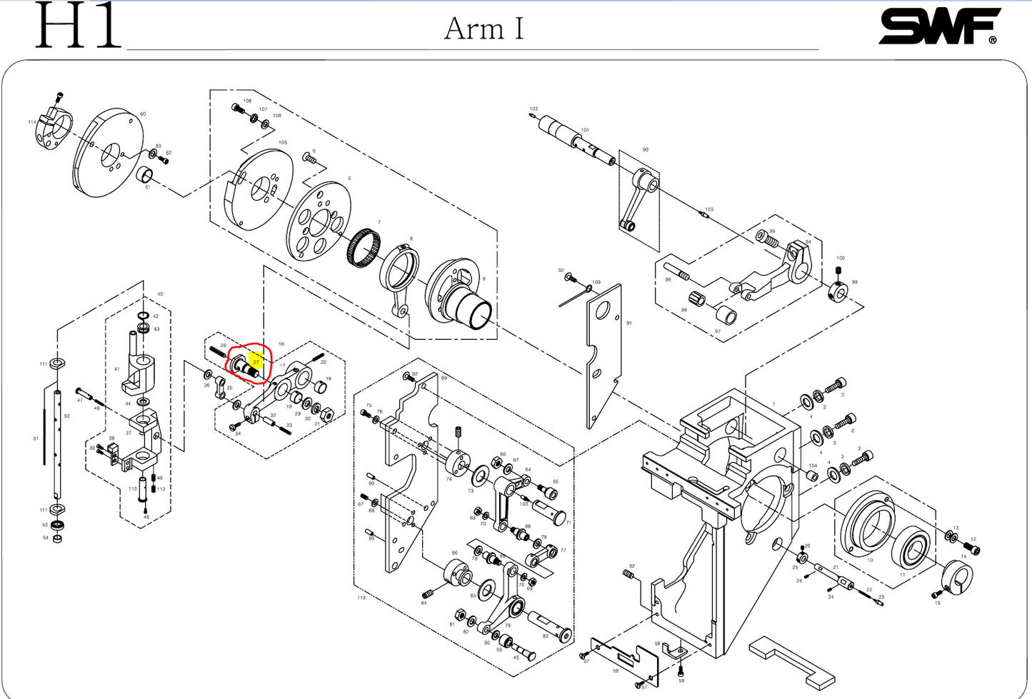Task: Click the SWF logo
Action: (x=938, y=27)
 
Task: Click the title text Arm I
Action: (x=484, y=29)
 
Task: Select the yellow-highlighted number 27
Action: (x=256, y=362)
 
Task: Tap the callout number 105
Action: (x=283, y=143)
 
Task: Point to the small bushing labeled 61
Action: (x=144, y=175)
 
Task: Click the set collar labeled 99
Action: (x=837, y=292)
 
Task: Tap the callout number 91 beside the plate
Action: (x=629, y=323)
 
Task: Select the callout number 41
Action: (x=117, y=369)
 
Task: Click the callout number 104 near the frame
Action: (x=813, y=466)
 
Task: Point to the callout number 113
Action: (x=361, y=597)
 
